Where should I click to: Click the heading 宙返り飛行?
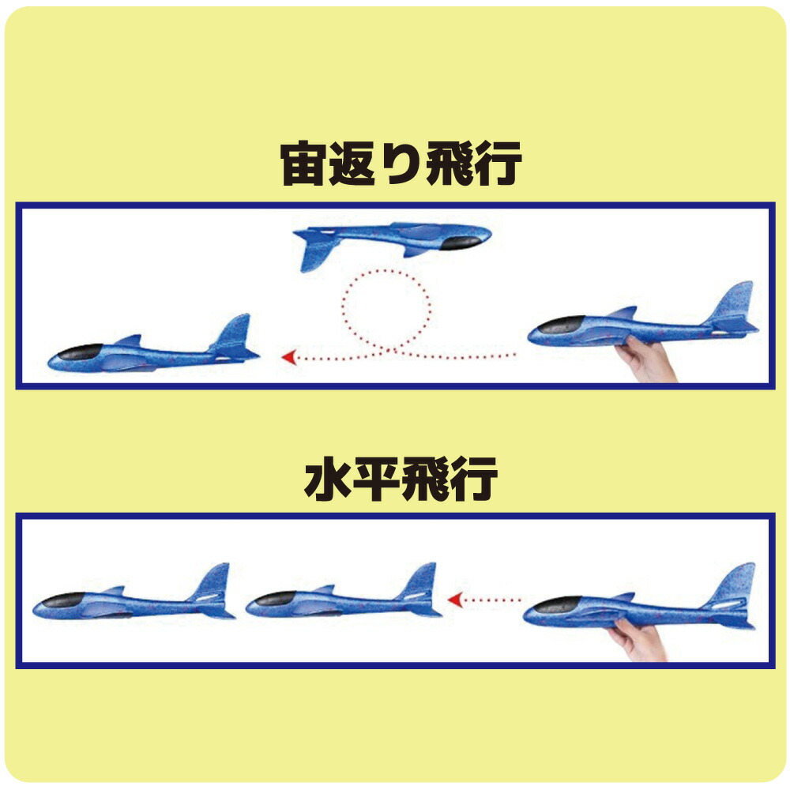click(401, 164)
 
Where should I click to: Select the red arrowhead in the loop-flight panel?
click(288, 358)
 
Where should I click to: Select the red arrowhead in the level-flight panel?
click(455, 600)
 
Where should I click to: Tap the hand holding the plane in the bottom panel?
click(638, 639)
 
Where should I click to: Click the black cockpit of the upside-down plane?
click(461, 243)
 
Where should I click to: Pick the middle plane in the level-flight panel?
click(343, 592)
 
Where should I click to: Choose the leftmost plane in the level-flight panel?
click(134, 592)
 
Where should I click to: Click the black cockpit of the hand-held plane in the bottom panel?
click(558, 604)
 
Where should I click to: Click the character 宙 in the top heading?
click(303, 164)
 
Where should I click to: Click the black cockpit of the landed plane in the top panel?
click(80, 352)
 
